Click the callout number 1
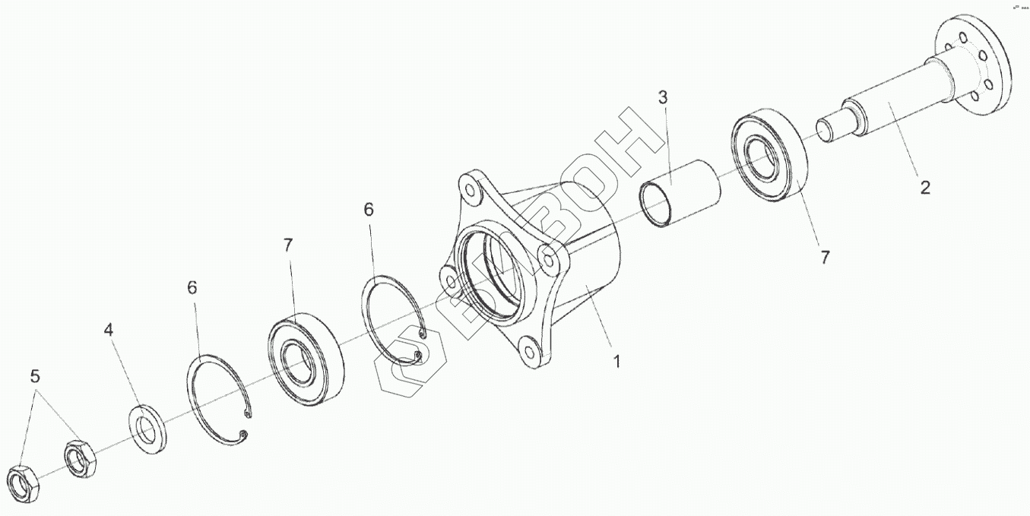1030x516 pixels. coord(617,362)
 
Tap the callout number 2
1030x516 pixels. coord(924,187)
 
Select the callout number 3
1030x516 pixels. coord(663,97)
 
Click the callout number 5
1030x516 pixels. coord(35,376)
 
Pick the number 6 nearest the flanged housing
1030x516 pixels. coord(369,210)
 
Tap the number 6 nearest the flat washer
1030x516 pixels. coord(192,287)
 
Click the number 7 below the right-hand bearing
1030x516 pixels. coord(825,257)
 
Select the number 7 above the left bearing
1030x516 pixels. coord(287,245)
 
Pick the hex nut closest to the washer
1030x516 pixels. coord(79,457)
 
